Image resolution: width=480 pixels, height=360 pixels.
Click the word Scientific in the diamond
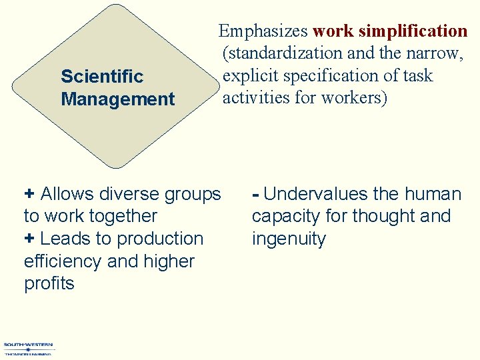101,77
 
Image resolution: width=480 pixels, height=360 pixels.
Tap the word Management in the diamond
117,100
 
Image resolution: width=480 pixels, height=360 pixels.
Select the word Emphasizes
263,31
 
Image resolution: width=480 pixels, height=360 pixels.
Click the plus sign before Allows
29,194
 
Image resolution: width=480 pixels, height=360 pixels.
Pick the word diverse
122,194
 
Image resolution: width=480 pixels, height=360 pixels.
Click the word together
123,217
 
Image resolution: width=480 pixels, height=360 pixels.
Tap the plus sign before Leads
29,239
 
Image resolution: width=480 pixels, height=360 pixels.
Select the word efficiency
63,261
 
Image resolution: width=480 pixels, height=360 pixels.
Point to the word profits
49,284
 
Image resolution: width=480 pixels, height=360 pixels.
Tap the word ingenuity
289,239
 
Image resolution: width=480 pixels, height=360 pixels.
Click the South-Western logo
29,349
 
